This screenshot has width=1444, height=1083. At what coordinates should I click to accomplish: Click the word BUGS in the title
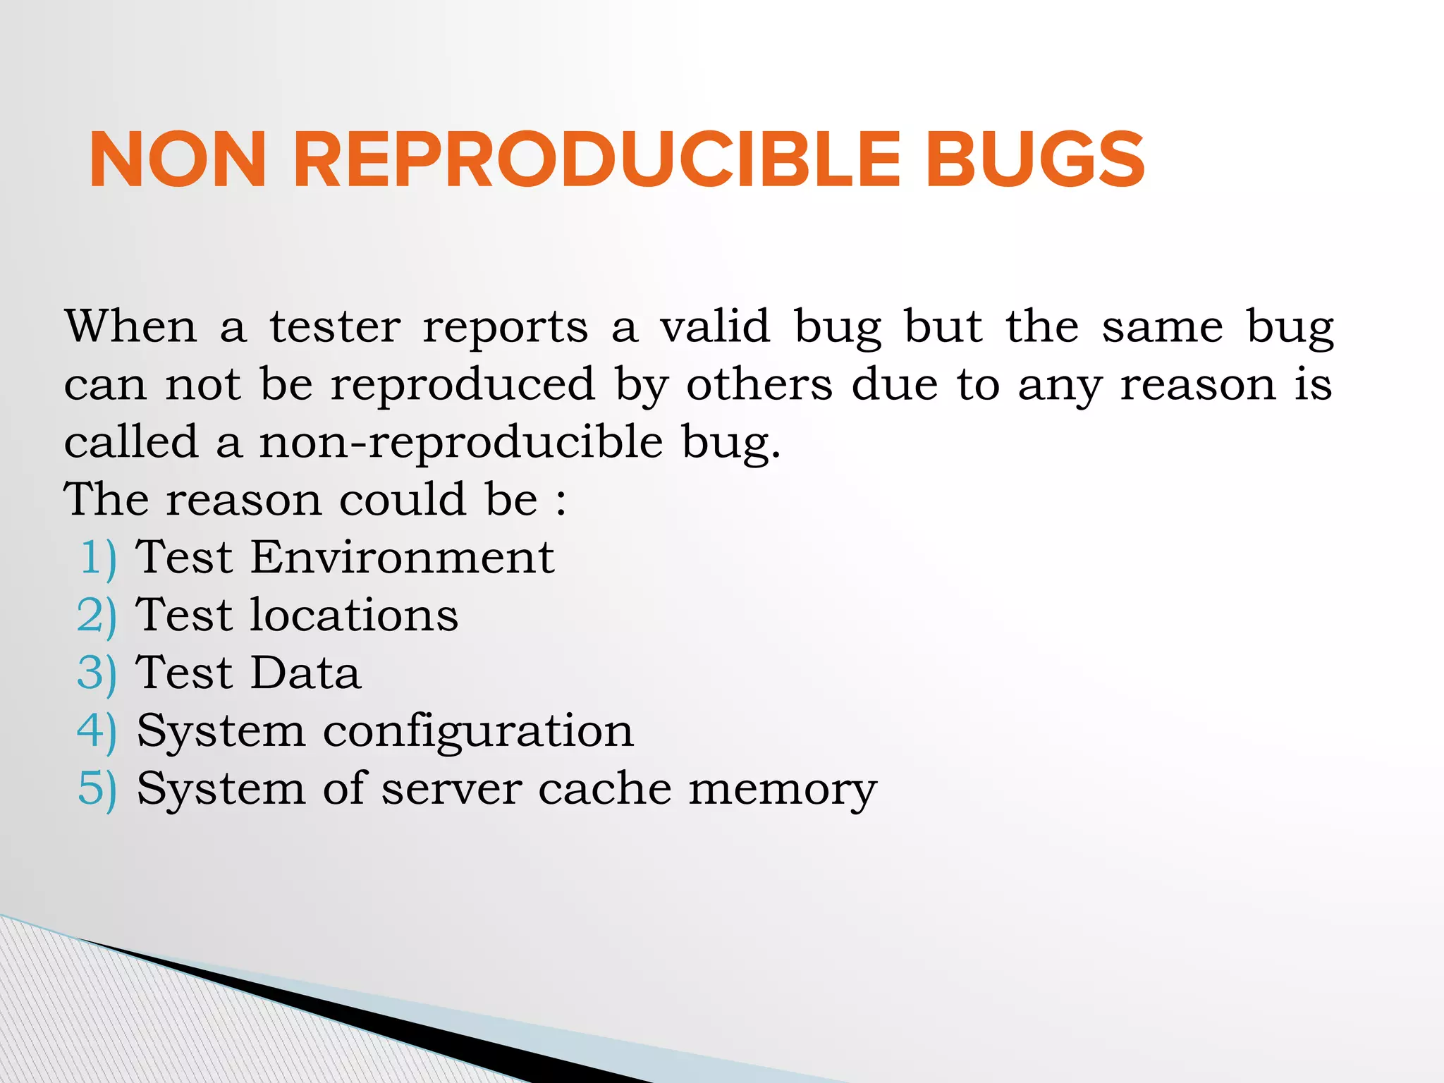[1034, 161]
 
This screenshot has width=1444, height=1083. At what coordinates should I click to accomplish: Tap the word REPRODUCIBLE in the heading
[596, 161]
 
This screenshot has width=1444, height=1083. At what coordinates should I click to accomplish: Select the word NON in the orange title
[178, 161]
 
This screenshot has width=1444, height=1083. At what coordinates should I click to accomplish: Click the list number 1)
[98, 558]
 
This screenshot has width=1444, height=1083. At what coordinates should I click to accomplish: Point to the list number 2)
[97, 616]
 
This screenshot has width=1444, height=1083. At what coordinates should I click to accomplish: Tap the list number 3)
[97, 674]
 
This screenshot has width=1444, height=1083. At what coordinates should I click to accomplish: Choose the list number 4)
[97, 732]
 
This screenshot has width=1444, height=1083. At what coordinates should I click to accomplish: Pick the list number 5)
[97, 790]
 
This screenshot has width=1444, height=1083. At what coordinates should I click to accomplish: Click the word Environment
[403, 557]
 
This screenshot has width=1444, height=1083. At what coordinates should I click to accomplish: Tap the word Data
[305, 673]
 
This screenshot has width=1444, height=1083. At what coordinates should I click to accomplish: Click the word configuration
[478, 732]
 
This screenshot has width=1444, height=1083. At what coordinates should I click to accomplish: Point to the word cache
[605, 788]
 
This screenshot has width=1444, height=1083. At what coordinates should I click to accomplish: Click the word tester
[335, 327]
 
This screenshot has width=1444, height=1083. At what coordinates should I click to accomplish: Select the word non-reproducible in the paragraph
[461, 443]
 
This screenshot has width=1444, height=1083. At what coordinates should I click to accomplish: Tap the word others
[759, 385]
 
